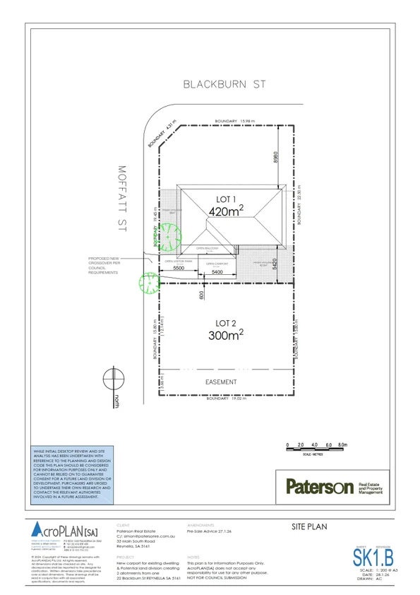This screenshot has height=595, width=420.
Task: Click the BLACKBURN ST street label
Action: point(224,84)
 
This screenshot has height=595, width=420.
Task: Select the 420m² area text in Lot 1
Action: point(226,209)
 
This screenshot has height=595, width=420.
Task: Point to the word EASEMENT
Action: point(221,382)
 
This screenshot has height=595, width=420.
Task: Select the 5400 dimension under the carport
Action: point(217,272)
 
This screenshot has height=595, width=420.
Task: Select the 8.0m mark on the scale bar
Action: point(343,444)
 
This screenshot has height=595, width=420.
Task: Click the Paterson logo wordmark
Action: point(318,487)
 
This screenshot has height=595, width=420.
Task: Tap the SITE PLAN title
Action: point(309,527)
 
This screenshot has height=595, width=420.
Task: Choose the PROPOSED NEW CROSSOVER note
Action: point(106,266)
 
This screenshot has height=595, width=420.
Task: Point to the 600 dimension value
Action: point(201,295)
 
